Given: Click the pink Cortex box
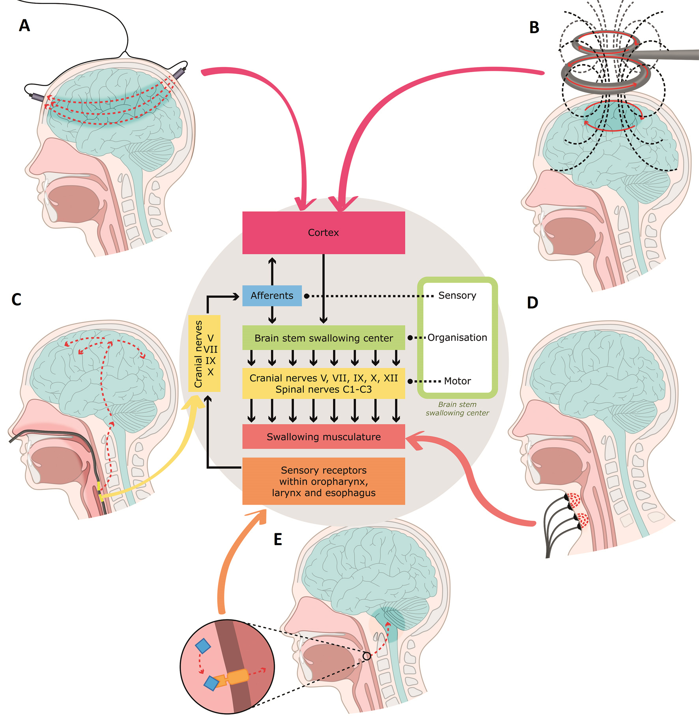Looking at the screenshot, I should coord(323,232).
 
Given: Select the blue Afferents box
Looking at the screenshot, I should coord(272,296).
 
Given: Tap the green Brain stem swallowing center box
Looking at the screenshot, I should coord(323,338).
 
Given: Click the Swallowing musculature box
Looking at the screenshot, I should coord(323,437).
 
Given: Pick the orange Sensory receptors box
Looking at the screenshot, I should coord(323,481).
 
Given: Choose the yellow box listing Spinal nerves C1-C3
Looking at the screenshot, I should coord(323,384).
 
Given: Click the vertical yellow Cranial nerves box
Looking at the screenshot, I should coord(204,353).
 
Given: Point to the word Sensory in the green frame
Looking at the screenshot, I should coord(457,295).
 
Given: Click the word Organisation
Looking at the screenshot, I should coord(457,338).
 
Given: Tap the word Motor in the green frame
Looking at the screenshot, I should coord(457,381).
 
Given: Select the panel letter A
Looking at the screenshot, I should coord(24,26).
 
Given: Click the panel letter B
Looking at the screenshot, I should coord(534,28).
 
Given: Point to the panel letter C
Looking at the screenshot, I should coord(16,300).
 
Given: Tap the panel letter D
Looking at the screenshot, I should coord(533,303).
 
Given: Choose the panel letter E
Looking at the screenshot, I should coord(278,540).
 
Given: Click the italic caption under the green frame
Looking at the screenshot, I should coord(457,409).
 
